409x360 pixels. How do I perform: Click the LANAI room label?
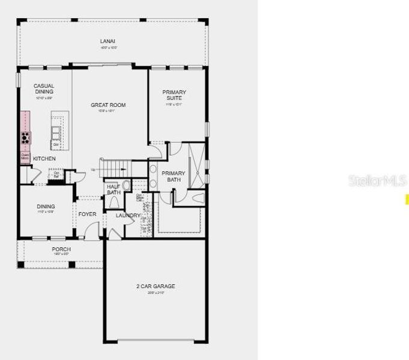(x=108, y=41)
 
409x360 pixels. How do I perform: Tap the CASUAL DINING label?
(x=44, y=89)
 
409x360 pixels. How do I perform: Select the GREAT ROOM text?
(x=108, y=106)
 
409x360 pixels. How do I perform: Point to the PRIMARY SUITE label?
(x=174, y=95)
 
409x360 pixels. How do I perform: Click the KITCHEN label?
(x=44, y=159)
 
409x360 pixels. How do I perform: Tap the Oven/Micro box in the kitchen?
(x=25, y=157)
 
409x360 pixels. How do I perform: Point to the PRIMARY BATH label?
(x=174, y=176)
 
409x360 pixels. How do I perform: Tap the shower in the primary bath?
(x=196, y=162)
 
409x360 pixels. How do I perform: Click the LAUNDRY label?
(x=128, y=215)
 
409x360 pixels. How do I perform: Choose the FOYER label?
(x=87, y=214)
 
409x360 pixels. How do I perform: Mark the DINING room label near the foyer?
(x=46, y=207)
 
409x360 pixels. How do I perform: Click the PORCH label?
(x=61, y=249)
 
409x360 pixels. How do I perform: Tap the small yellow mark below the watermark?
(x=407, y=200)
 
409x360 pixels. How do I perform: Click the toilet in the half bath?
(x=126, y=185)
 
